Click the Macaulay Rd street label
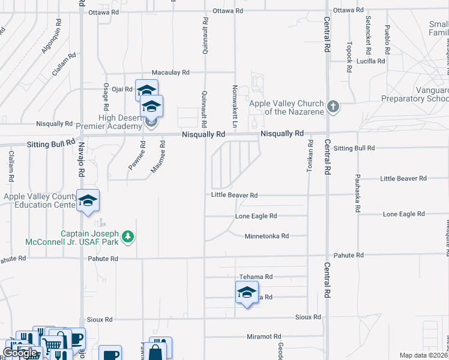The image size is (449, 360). point(170,72)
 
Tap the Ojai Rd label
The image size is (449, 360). point(122,89)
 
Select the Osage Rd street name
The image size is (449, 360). point(106,97)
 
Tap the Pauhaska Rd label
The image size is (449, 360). point(357,193)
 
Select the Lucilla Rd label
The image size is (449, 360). point(370,61)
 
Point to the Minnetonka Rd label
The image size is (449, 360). point(267,236)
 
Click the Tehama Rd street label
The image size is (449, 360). point(256,277)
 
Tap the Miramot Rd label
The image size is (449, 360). point(264,337)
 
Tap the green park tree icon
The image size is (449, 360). point(127,237)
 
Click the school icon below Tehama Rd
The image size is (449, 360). point(246,293)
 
